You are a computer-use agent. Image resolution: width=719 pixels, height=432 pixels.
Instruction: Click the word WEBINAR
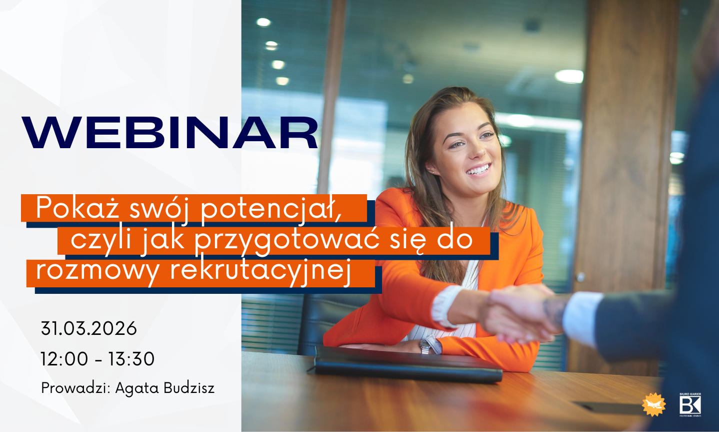170,133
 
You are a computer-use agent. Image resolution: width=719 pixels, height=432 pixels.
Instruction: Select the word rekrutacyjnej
260,270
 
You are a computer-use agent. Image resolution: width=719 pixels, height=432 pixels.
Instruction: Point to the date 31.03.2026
89,329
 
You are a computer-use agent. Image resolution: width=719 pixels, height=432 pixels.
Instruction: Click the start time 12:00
64,359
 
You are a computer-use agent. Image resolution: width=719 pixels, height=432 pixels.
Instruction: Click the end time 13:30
131,359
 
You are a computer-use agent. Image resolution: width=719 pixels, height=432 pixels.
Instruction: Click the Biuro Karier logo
690,404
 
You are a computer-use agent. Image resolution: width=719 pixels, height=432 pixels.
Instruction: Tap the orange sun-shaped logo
654,404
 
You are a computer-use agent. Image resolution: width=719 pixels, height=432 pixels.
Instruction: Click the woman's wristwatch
426,345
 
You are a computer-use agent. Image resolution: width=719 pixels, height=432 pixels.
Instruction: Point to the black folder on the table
407,364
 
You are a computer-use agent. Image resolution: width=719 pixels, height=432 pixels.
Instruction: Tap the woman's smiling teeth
479,169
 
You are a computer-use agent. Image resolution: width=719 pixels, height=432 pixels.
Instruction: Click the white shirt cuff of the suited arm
582,318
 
